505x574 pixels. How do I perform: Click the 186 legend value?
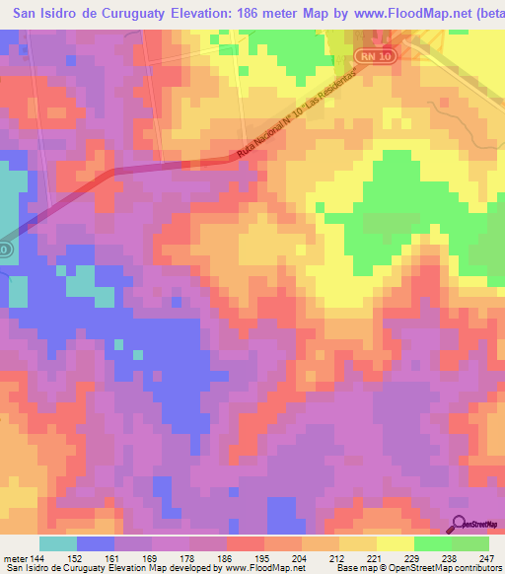point(227,557)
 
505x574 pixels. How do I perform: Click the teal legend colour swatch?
point(58,543)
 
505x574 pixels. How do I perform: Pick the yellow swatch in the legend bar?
point(396,543)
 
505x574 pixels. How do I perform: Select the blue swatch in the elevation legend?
point(96,543)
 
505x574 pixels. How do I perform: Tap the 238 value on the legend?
point(452,557)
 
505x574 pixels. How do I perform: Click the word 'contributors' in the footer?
point(475,568)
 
